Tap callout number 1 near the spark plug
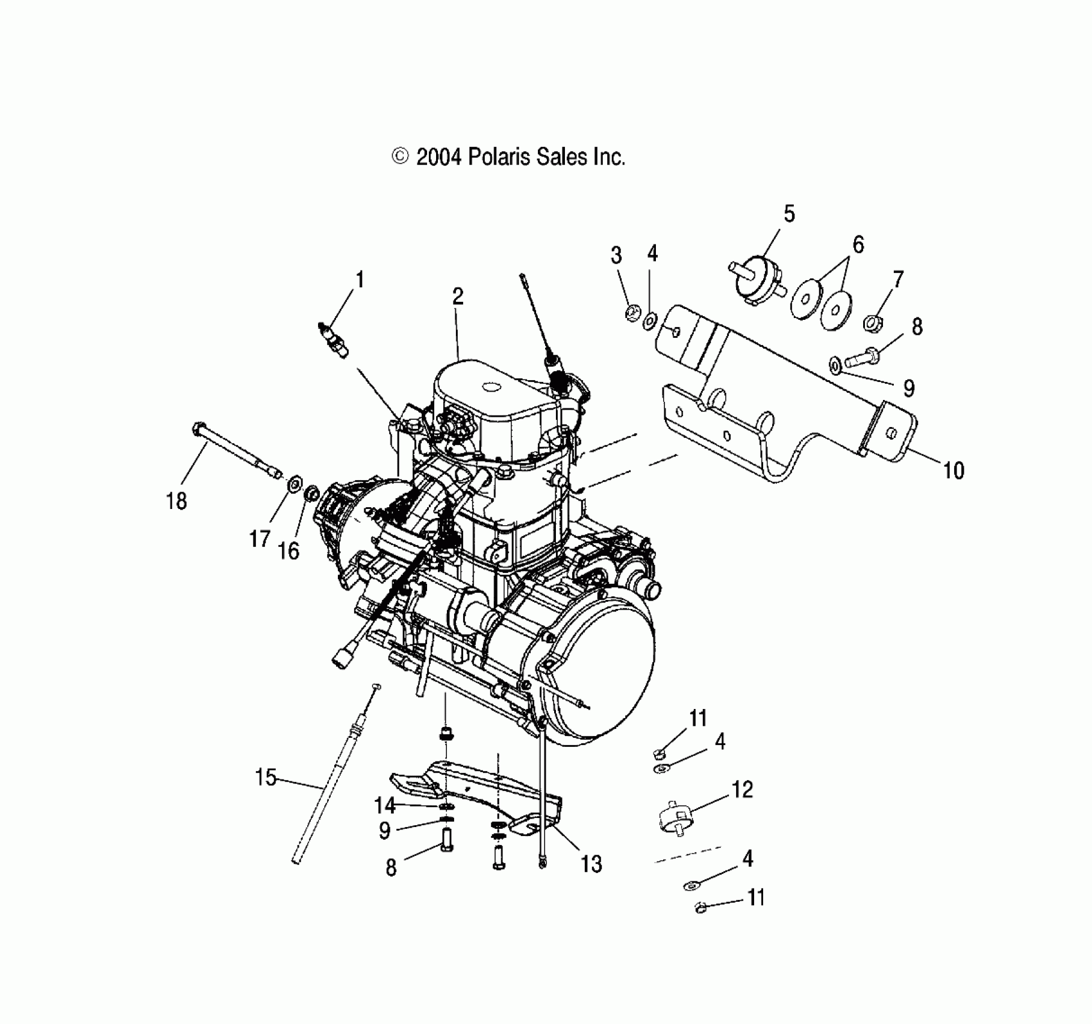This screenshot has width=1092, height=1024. pyautogui.click(x=360, y=279)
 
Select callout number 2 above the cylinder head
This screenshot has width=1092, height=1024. pyautogui.click(x=458, y=296)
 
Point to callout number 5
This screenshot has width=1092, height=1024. pyautogui.click(x=789, y=214)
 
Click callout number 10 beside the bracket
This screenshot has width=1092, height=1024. pyautogui.click(x=953, y=470)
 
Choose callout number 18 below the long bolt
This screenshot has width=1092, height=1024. pyautogui.click(x=176, y=501)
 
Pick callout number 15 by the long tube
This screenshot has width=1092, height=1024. pyautogui.click(x=265, y=777)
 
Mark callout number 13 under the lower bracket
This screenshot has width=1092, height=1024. pyautogui.click(x=591, y=864)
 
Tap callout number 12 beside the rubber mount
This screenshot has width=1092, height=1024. pyautogui.click(x=742, y=789)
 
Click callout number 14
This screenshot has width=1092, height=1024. pyautogui.click(x=384, y=805)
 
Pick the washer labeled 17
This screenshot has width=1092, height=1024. pyautogui.click(x=295, y=484)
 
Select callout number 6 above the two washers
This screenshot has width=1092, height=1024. pyautogui.click(x=858, y=245)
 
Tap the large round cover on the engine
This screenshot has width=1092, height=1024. pyautogui.click(x=593, y=669)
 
